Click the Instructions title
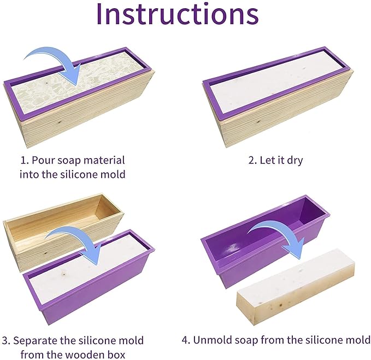(x=178, y=14)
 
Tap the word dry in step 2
(x=295, y=161)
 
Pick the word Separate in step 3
(x=36, y=340)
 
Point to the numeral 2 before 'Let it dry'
(x=251, y=160)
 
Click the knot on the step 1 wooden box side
(x=59, y=123)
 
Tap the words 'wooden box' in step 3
(x=95, y=355)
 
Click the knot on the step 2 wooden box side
(x=258, y=122)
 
